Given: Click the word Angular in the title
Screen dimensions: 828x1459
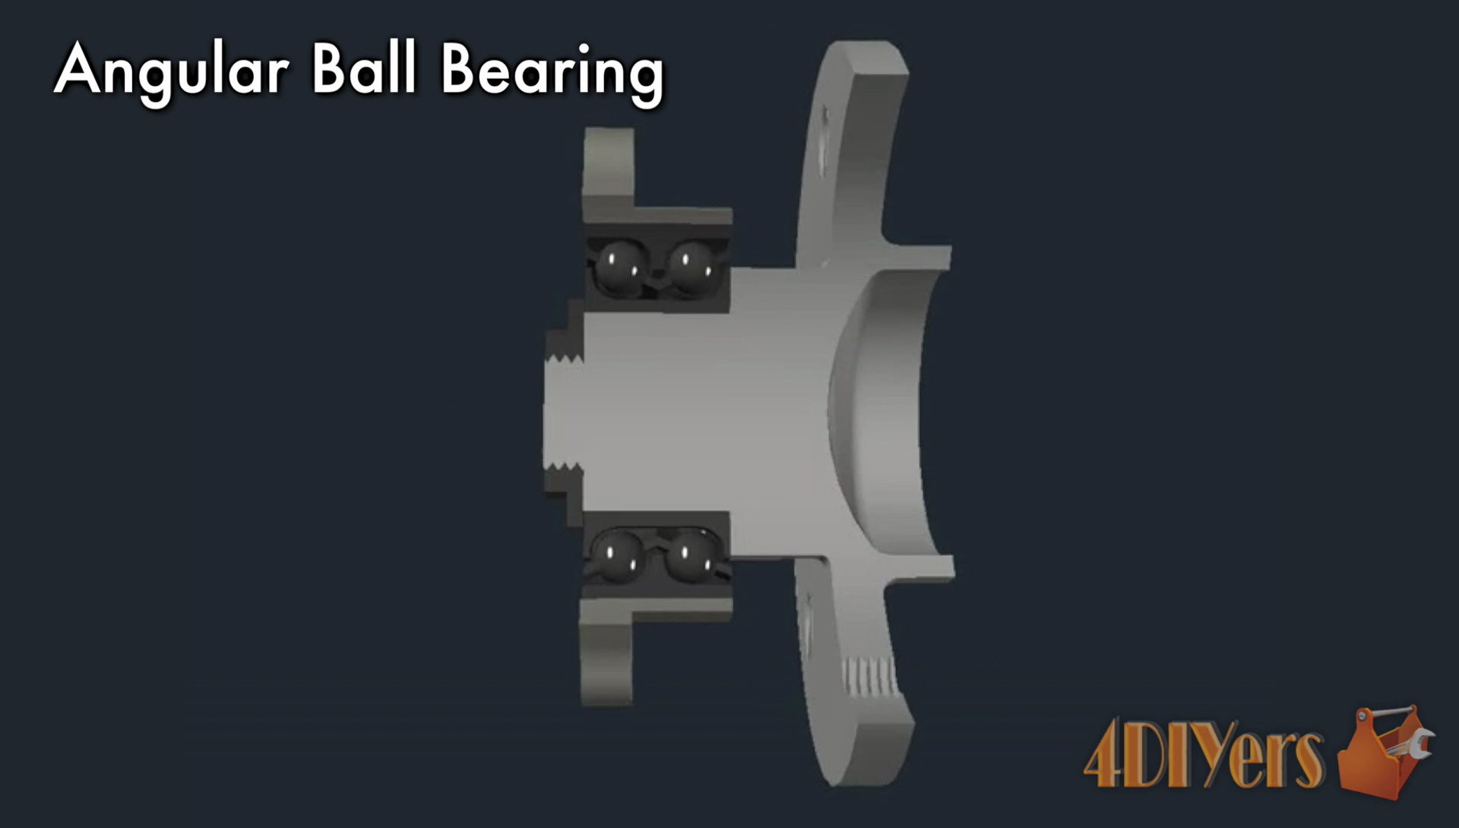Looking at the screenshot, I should (172, 71).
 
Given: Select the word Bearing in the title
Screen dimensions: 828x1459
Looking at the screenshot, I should (552, 72).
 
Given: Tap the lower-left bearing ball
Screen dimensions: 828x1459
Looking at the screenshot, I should (617, 555).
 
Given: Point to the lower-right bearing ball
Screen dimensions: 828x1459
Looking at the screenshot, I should (688, 555).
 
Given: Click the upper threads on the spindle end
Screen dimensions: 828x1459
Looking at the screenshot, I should (564, 356).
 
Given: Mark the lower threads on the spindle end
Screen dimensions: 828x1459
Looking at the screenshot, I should (564, 466).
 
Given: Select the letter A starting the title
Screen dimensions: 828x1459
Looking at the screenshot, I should (78, 70).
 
